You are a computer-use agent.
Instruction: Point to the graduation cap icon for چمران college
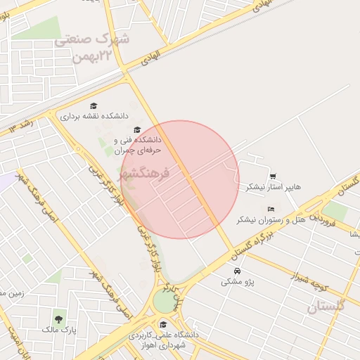tap(137, 129)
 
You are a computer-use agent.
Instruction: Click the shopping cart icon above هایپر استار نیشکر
tap(272, 176)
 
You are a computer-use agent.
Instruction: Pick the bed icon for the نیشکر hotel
tap(271, 209)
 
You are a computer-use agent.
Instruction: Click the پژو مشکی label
tap(237, 281)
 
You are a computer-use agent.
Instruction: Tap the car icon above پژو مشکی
tap(237, 271)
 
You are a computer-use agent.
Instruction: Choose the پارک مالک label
tap(58, 329)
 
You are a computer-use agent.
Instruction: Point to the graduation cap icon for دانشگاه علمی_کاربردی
tap(163, 324)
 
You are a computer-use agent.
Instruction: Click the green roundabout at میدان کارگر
tap(165, 302)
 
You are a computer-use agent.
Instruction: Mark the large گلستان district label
tap(327, 307)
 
